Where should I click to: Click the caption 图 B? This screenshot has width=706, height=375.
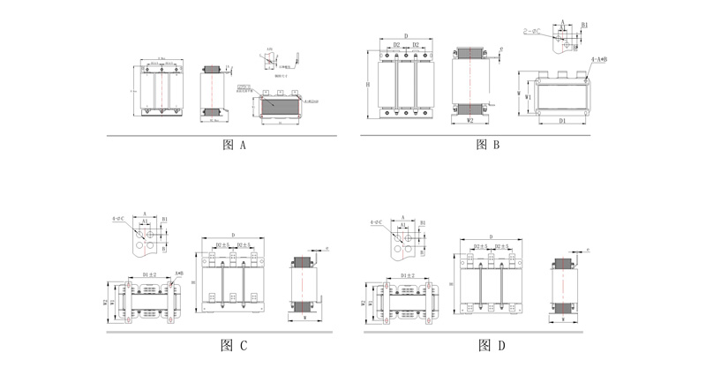coord(488,145)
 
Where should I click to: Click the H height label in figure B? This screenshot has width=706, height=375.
coord(367,84)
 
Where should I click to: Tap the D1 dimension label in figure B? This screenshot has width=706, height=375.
coord(561,121)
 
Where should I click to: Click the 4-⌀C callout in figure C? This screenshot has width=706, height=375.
coord(118,218)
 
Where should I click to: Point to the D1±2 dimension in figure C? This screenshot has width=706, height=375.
coord(149,274)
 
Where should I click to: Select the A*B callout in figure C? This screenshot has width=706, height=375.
coord(179,274)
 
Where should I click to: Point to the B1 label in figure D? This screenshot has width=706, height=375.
coord(423,223)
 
